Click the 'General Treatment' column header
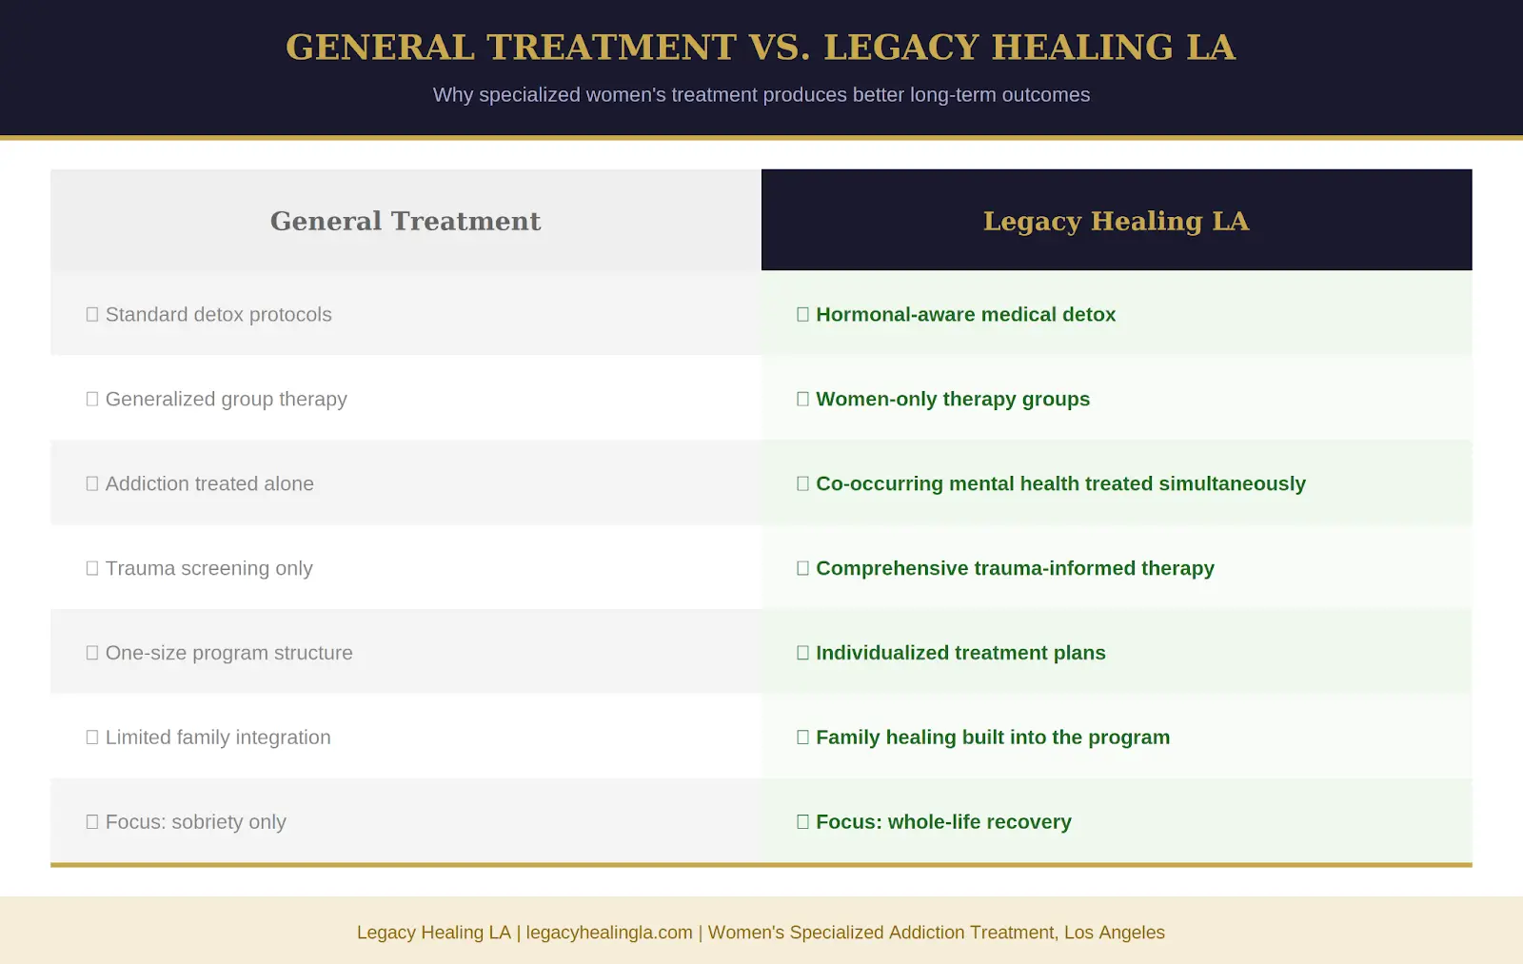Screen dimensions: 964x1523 (405, 221)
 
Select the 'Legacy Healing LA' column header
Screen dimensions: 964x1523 (1116, 221)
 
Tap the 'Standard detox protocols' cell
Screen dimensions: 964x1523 (218, 315)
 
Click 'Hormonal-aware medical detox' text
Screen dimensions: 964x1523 (965, 315)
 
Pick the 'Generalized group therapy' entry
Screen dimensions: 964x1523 (226, 400)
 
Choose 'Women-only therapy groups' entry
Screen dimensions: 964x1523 (953, 400)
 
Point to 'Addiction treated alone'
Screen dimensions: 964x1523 (209, 484)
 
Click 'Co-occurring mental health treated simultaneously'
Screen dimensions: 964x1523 (1060, 484)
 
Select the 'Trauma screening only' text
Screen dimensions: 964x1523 (208, 569)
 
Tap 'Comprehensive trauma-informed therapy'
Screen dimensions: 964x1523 (1015, 569)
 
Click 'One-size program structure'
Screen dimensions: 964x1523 (228, 654)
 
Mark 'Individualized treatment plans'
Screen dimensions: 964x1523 (960, 654)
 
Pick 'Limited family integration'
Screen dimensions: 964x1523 (218, 738)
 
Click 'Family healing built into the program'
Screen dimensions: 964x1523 (993, 738)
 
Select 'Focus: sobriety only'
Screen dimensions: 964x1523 (195, 822)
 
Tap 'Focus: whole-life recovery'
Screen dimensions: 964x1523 (943, 822)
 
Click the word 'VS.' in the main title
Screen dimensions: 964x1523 (780, 48)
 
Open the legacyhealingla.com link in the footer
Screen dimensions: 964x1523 (609, 933)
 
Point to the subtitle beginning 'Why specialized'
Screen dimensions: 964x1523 (761, 95)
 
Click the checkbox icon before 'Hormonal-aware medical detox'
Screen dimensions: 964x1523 (802, 315)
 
